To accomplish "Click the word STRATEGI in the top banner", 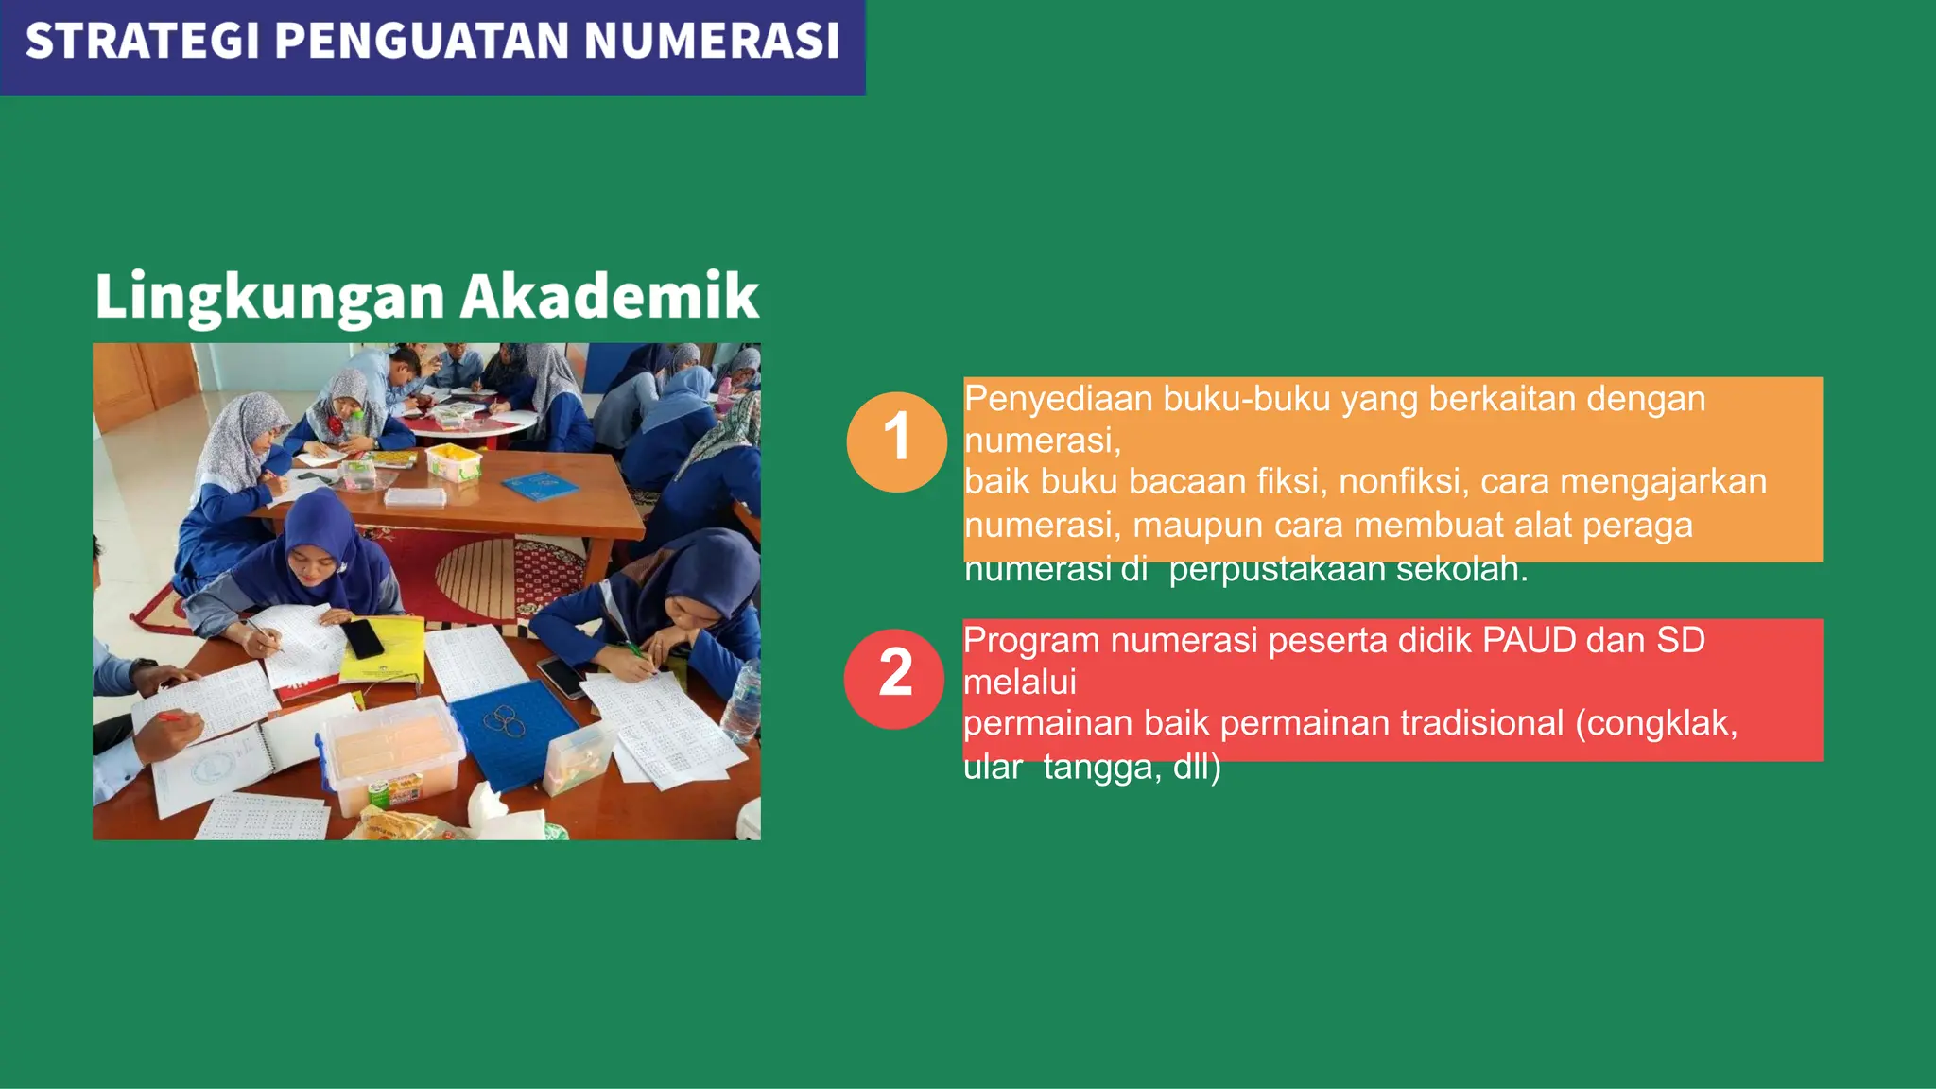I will coord(142,42).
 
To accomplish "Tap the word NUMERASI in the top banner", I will coord(711,42).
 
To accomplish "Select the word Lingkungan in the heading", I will coord(269,298).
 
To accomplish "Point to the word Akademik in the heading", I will coord(610,296).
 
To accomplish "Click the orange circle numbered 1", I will coord(896,441).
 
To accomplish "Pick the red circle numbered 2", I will coord(894,678).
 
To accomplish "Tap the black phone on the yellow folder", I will coord(362,638).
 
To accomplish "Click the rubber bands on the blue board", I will coord(505,721).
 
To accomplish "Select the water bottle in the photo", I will coord(742,700).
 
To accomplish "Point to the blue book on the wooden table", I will coord(539,486).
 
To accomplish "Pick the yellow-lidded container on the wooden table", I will coord(454,462).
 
